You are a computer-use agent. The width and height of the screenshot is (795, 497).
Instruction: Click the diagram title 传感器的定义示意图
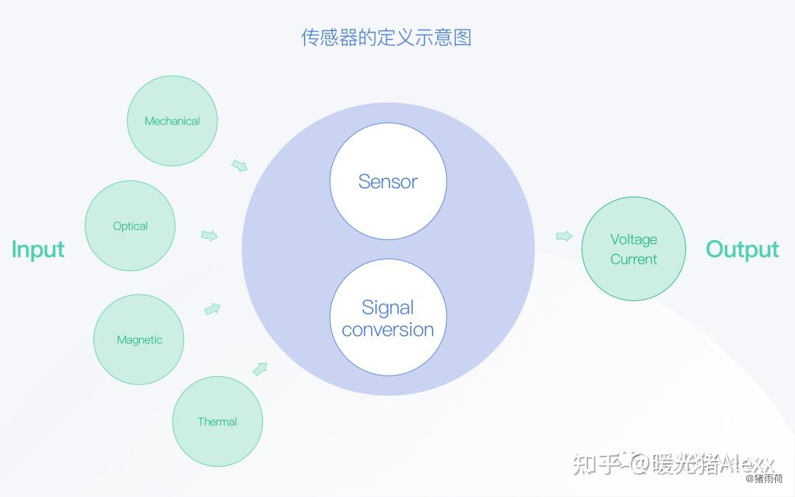point(386,38)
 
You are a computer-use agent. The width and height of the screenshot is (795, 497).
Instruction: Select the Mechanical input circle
point(172,121)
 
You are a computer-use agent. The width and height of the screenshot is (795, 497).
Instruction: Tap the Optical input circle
point(130,226)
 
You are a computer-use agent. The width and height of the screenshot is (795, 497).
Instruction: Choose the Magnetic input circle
point(138,339)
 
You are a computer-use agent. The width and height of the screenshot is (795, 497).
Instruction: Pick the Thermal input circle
point(217,421)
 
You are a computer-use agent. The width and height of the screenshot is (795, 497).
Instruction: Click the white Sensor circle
point(388,181)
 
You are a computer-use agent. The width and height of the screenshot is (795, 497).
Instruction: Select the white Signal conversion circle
point(388,318)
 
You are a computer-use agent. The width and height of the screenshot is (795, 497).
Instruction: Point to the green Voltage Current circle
point(633,249)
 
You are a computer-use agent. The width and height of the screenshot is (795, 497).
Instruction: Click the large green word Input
point(38,250)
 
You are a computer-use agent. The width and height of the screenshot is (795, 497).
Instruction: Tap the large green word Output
point(742,250)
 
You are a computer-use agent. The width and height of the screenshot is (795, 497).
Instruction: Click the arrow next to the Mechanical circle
point(239,165)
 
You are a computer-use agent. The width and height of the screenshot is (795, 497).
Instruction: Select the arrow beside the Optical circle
point(210,236)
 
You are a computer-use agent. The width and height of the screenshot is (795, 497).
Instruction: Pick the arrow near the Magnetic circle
point(212,309)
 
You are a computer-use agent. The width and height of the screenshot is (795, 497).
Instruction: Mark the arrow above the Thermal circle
point(260,368)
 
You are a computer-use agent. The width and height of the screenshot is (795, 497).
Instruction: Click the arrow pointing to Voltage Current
point(564,236)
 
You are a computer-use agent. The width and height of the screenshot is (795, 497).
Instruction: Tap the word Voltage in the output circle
point(633,239)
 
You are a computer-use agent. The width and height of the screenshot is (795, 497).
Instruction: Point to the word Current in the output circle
point(633,259)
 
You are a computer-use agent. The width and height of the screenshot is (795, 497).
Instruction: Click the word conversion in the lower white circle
point(388,330)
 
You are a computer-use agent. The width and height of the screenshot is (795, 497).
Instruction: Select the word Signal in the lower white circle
point(388,307)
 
